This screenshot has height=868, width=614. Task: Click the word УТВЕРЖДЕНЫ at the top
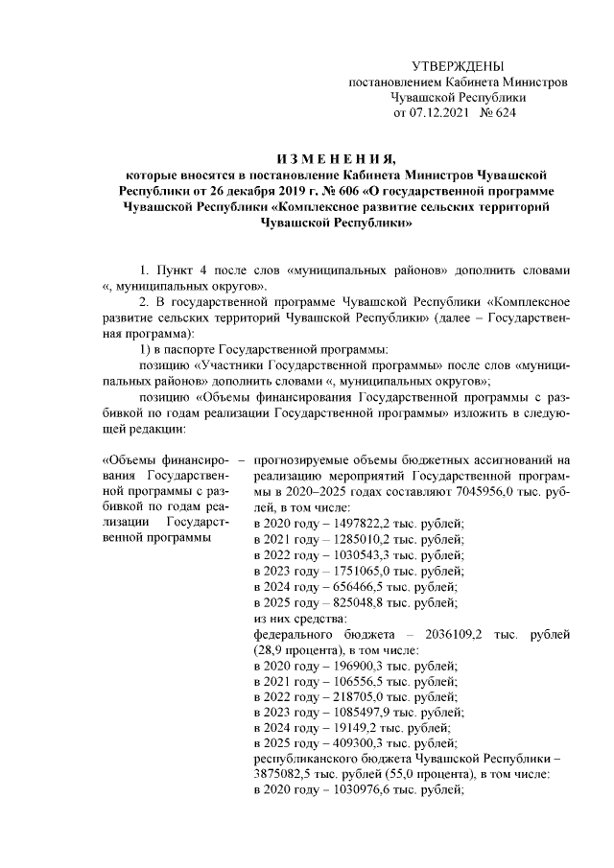pyautogui.click(x=457, y=66)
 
